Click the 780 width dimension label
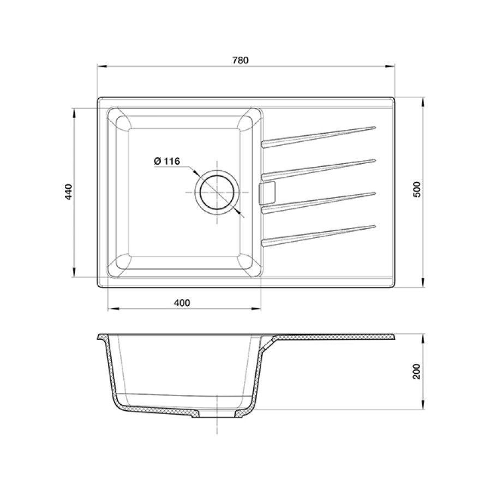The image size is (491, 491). pyautogui.click(x=241, y=60)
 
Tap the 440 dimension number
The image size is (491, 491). pyautogui.click(x=69, y=191)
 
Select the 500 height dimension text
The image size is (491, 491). pyautogui.click(x=417, y=189)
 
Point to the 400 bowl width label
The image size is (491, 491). pyautogui.click(x=182, y=303)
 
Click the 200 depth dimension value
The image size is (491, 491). pyautogui.click(x=417, y=372)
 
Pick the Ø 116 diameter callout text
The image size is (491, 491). pyautogui.click(x=167, y=161)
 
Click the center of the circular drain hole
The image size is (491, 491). pyautogui.click(x=217, y=192)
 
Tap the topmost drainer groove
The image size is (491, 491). pyautogui.click(x=318, y=136)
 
